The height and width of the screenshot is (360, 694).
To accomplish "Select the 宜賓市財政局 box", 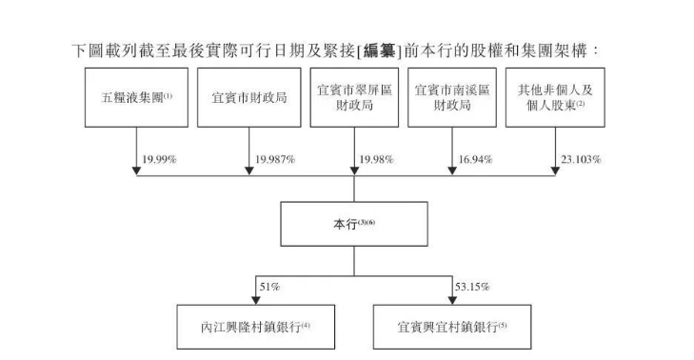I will click(x=246, y=98).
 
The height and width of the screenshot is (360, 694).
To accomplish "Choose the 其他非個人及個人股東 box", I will click(x=553, y=98).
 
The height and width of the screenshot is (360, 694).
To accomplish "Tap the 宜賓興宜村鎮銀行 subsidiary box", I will click(x=451, y=326).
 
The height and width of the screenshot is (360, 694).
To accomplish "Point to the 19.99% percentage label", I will click(x=161, y=158).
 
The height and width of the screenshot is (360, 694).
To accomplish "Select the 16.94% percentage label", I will click(x=474, y=158).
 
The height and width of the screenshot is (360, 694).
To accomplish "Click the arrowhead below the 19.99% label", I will click(x=137, y=170).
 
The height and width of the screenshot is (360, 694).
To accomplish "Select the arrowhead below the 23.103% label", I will click(x=553, y=170).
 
